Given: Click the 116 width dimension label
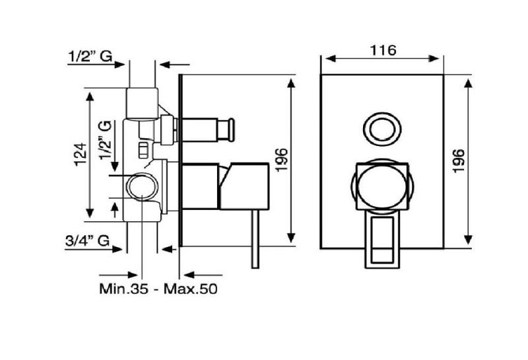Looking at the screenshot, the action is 383,50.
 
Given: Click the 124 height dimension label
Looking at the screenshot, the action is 81,155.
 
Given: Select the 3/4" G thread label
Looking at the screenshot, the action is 87,240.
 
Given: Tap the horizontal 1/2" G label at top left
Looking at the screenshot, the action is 90,56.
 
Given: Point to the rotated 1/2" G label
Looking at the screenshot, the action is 105,140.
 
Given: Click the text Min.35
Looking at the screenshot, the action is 123,289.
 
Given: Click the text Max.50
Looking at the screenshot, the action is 191,289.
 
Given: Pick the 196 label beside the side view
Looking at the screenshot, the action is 282,160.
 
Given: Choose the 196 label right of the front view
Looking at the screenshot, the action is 459,161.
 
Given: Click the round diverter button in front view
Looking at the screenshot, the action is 383,129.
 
